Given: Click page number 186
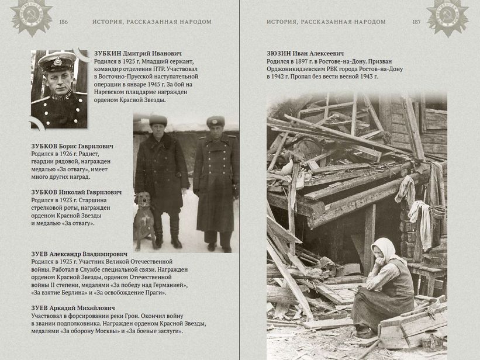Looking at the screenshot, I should (x=64, y=22).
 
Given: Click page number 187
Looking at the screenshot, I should (x=416, y=22).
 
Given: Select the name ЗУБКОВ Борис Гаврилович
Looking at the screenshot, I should (x=72, y=146).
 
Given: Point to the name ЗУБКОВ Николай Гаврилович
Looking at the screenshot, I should (x=76, y=192).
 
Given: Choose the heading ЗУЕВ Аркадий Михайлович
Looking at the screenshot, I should (x=72, y=308).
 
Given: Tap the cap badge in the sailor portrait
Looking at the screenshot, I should (x=57, y=61).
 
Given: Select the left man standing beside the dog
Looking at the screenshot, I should (x=160, y=175).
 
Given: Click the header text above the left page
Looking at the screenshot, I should (x=151, y=22).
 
